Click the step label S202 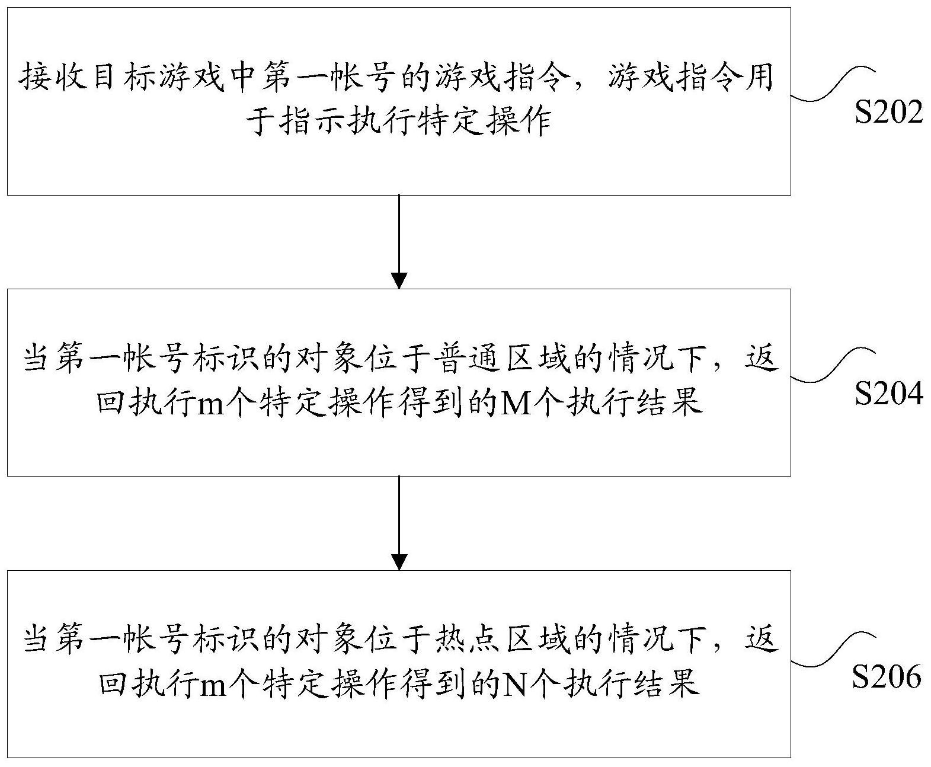coord(888,112)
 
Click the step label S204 coord(888,394)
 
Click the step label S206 coord(887,676)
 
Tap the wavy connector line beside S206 coord(833,649)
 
